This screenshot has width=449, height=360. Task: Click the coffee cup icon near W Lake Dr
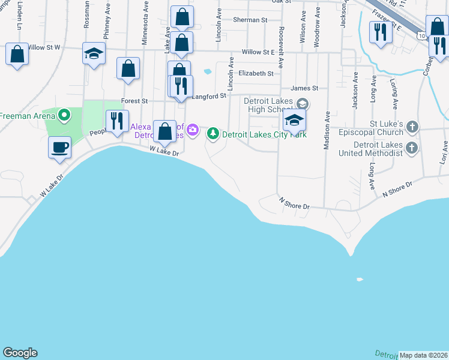(59, 148)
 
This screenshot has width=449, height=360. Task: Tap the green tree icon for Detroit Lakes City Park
(213, 134)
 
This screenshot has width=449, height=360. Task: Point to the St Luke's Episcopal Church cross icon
(412, 127)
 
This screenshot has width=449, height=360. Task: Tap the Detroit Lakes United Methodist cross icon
(411, 148)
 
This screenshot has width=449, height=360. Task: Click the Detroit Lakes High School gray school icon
(303, 104)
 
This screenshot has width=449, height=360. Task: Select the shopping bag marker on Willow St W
(17, 54)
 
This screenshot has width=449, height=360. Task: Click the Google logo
(20, 353)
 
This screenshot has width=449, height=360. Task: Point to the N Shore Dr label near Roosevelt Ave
(294, 206)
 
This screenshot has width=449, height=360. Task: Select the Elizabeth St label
(256, 73)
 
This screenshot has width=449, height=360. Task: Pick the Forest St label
(134, 101)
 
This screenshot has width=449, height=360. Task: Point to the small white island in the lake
(360, 279)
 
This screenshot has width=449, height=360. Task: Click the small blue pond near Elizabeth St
(207, 71)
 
